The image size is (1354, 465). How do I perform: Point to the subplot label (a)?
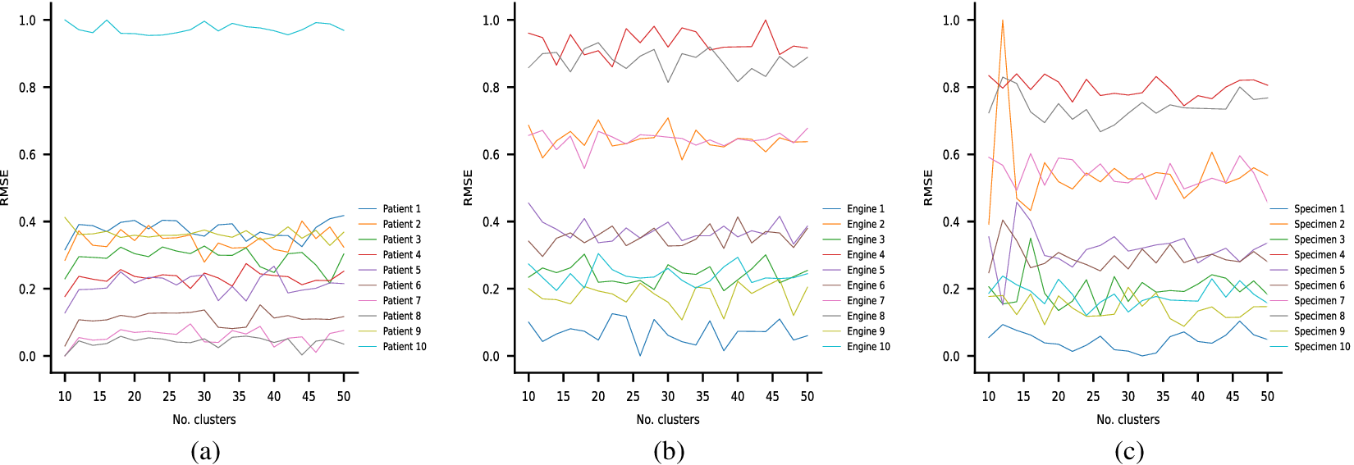(x=205, y=451)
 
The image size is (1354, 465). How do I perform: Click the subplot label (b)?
(x=669, y=451)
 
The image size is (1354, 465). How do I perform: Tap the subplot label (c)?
(x=1129, y=451)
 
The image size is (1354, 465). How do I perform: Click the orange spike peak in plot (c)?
(x=1003, y=21)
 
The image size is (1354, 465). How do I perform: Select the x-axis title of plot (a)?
(x=204, y=420)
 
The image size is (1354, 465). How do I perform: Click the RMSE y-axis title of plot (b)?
(x=469, y=188)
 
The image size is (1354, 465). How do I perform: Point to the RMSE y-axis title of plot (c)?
(x=929, y=188)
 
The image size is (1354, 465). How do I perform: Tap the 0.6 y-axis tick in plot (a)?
(x=28, y=155)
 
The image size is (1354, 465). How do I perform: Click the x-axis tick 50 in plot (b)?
(x=807, y=397)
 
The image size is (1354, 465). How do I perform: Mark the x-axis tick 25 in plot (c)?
(x=1093, y=397)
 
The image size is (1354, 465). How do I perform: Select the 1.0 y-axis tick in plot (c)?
(x=951, y=21)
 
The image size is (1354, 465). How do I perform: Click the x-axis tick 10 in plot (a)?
(x=65, y=397)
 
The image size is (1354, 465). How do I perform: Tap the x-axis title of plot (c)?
(x=1128, y=420)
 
